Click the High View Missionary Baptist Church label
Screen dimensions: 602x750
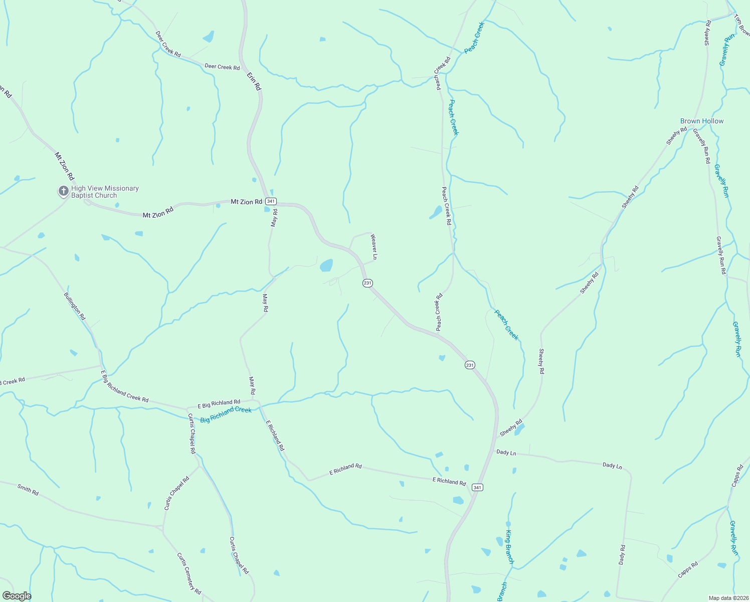[105, 192]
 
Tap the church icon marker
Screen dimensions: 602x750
[63, 191]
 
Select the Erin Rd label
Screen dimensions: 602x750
[254, 81]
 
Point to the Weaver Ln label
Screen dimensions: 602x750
[373, 246]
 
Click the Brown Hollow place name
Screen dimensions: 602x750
[701, 121]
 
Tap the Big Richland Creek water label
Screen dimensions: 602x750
[226, 414]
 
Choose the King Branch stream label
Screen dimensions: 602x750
[510, 547]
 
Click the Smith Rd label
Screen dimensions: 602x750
[28, 490]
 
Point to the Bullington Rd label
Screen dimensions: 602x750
[75, 306]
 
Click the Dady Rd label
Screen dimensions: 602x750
[622, 555]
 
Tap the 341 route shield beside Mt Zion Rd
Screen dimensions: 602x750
[271, 201]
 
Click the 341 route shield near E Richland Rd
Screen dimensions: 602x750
[477, 487]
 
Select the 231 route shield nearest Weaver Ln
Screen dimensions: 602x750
[367, 283]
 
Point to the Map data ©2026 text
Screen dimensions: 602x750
[727, 598]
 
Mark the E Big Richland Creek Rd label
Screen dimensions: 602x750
[125, 386]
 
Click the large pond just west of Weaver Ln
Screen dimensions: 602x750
[326, 265]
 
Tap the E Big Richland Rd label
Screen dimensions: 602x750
[219, 403]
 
